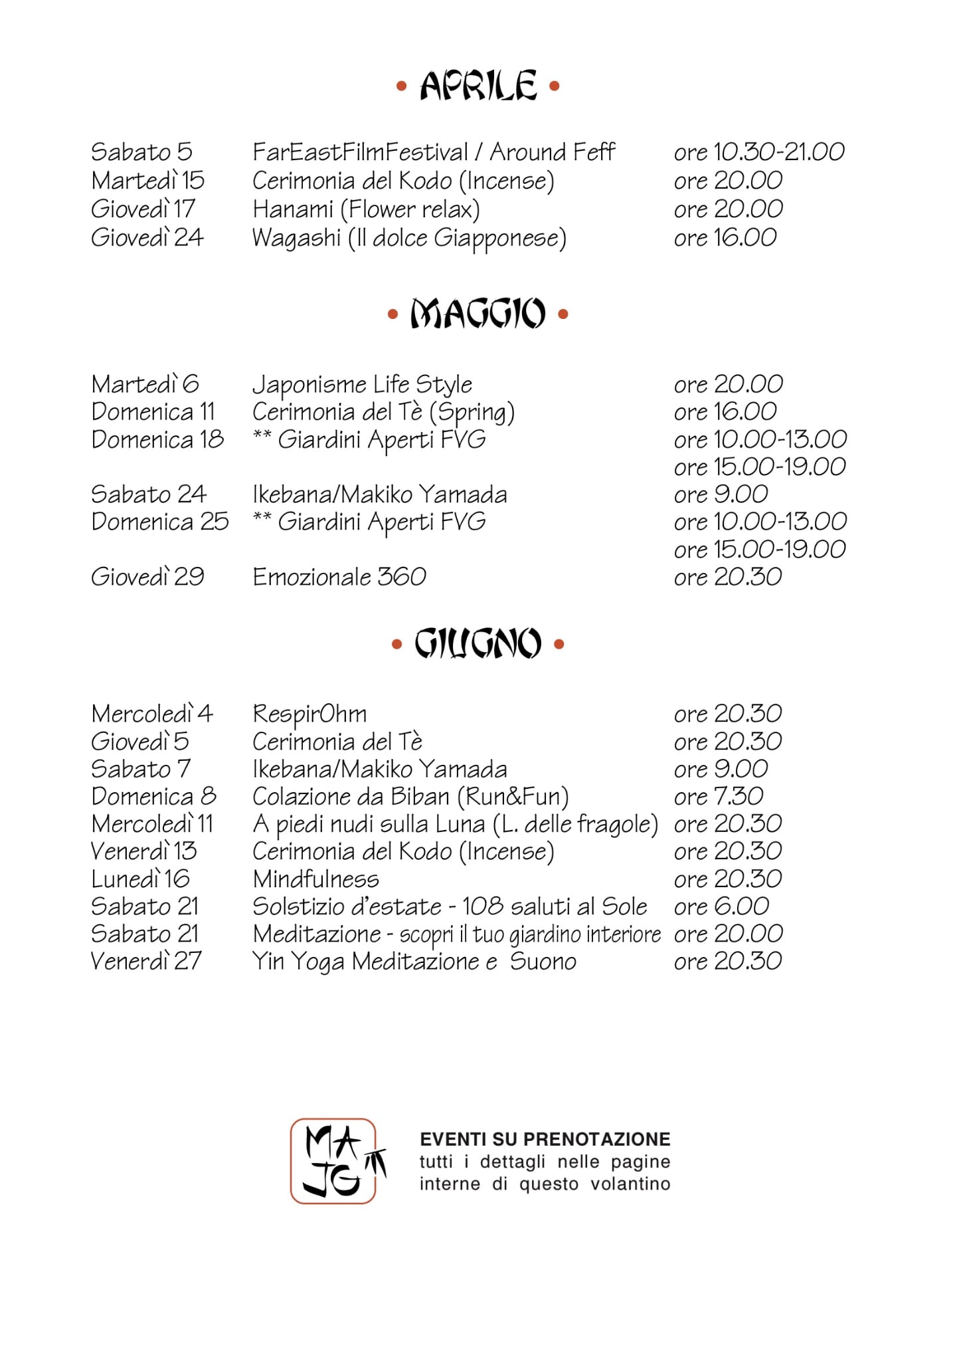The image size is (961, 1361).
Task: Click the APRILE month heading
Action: point(478,86)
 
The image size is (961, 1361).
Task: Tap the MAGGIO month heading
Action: point(478,314)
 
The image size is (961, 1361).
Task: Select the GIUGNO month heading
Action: point(478,643)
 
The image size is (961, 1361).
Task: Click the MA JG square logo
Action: point(334,1161)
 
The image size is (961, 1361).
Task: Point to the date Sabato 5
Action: point(141,152)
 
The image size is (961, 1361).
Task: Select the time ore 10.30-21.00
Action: point(759,152)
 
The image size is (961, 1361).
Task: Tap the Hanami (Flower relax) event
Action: point(366,209)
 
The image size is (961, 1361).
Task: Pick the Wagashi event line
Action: point(409,238)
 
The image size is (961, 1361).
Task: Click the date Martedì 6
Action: point(145,384)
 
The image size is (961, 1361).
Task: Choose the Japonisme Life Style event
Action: point(362,384)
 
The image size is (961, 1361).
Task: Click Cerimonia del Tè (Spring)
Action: point(383,412)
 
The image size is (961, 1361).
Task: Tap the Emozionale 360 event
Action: point(339,577)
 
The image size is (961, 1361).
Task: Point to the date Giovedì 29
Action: point(147,577)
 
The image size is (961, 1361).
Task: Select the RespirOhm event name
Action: point(309,714)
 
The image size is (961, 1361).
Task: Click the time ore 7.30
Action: point(719,796)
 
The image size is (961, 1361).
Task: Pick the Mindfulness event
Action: point(315,879)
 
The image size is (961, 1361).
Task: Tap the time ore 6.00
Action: point(721,906)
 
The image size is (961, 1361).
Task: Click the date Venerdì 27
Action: point(146,961)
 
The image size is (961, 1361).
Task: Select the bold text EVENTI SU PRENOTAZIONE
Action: point(545,1139)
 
